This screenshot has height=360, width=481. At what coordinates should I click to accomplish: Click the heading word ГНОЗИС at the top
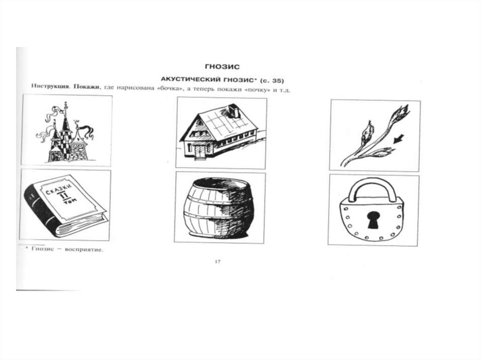tap(222, 67)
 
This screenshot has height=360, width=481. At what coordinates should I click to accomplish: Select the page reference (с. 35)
tap(272, 81)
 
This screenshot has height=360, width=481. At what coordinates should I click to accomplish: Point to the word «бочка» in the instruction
tap(168, 89)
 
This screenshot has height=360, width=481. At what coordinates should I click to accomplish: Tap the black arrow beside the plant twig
tap(398, 139)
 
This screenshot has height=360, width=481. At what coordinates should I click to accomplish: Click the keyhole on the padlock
tap(373, 220)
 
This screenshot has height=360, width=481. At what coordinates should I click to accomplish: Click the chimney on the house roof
tap(234, 111)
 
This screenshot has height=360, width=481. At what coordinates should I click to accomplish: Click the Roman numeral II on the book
tap(64, 196)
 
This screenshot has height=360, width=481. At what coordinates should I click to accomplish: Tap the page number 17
tap(217, 261)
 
